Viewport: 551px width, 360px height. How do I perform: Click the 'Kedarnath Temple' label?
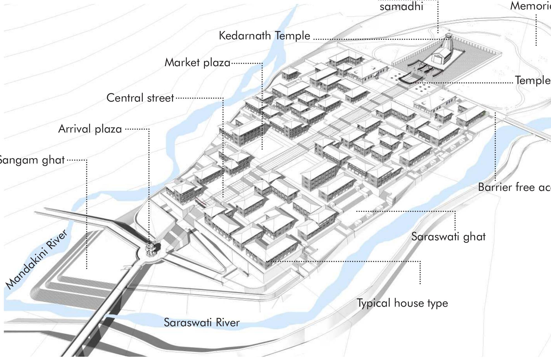(264, 36)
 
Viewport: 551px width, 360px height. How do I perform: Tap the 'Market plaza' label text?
(197, 63)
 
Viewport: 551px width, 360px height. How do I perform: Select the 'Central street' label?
(140, 98)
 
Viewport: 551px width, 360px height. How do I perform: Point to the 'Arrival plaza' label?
(90, 129)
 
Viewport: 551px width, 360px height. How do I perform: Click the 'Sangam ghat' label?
(31, 160)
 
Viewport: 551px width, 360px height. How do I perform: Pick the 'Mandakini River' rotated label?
(36, 259)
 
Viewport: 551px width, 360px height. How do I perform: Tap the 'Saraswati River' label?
(201, 323)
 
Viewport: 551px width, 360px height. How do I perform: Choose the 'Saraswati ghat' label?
(448, 237)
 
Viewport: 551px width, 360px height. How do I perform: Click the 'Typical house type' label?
(402, 303)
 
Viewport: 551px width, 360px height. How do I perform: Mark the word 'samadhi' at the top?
(401, 6)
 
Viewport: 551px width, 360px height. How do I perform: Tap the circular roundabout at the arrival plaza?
(151, 250)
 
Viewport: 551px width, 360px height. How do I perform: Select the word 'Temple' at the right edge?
(533, 80)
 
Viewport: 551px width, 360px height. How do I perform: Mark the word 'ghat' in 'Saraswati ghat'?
(474, 237)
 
